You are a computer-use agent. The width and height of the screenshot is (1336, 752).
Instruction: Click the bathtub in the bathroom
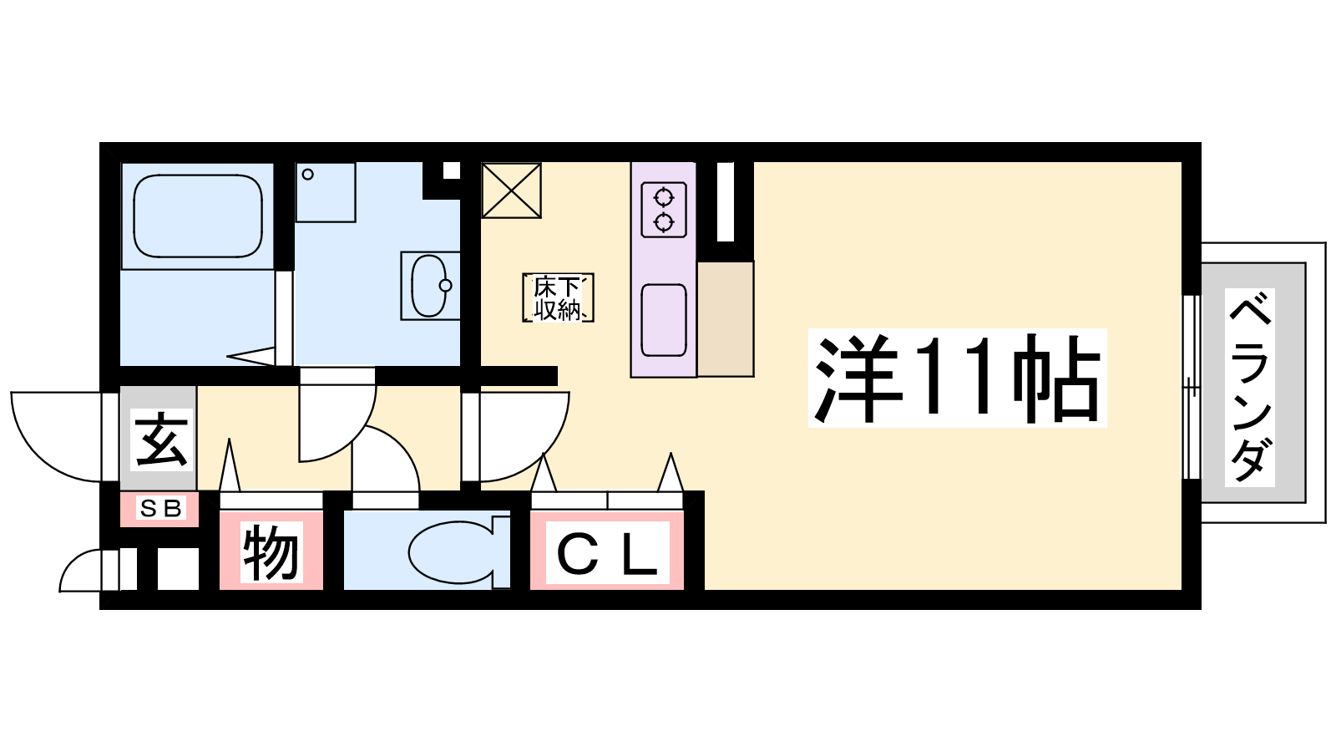coord(198,216)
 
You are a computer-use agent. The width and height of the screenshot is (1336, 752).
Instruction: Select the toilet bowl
coord(452,552)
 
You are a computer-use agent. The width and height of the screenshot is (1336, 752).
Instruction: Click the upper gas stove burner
coord(664,196)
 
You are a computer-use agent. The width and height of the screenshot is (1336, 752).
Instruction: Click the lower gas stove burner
coord(664,222)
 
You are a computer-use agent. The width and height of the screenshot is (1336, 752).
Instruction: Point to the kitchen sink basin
coord(664,321)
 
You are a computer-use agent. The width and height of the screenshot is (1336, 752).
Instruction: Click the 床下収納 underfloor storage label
coord(558,297)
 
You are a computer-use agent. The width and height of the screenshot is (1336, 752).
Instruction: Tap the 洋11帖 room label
coord(957,378)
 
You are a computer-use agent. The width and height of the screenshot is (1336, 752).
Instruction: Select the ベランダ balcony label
coord(1249,388)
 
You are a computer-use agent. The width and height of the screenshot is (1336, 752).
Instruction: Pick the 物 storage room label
coord(271,552)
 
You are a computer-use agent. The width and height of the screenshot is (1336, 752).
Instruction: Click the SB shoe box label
coord(160,509)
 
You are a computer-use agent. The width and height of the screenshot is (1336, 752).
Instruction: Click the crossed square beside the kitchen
coord(511,191)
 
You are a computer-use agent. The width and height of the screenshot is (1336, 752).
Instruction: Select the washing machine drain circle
coord(308,175)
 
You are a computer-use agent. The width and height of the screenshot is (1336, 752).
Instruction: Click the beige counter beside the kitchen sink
coord(726,318)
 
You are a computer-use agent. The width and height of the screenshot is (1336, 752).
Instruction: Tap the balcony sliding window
coord(1192,387)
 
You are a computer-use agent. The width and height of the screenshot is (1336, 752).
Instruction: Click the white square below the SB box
coord(178,569)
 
